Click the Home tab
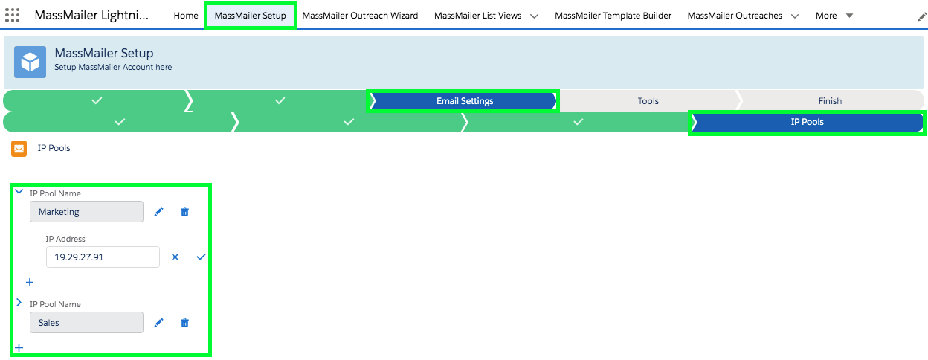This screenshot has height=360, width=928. point(186,16)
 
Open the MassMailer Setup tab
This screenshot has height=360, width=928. point(250,16)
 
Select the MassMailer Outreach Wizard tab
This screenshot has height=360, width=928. point(360,16)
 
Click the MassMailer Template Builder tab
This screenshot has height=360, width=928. point(613,16)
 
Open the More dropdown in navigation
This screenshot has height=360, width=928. point(834,16)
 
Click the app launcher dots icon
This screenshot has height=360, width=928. point(13,16)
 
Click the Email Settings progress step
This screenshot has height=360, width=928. point(464,101)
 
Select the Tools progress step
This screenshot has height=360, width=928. point(648,101)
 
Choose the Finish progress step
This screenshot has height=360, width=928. point(830,101)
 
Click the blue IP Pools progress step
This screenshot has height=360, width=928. point(807,122)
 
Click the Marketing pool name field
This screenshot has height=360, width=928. point(86,212)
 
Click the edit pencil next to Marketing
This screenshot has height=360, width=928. point(158,212)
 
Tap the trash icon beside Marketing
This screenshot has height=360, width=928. point(185,212)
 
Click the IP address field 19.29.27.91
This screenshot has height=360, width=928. point(103,257)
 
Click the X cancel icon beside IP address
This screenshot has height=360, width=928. point(175,257)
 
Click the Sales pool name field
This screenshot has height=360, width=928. point(86,323)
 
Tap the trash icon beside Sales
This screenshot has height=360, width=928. point(185,323)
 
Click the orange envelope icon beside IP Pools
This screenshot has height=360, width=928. point(19,148)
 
